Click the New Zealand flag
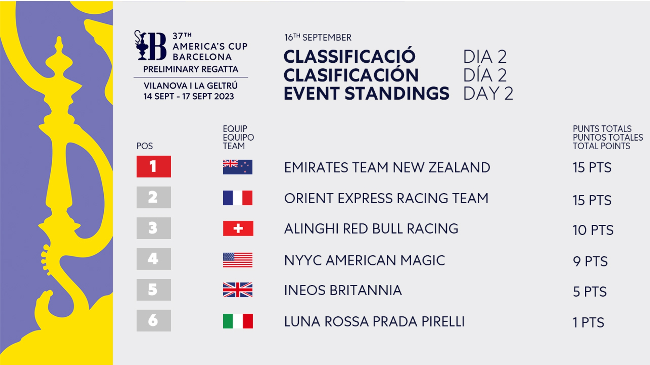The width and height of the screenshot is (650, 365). [x=238, y=167]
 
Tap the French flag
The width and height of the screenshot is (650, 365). [x=238, y=198]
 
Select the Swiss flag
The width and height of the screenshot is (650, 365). [x=238, y=228]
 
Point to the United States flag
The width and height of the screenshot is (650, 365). [x=238, y=260]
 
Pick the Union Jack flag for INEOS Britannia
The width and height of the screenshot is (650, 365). [x=238, y=290]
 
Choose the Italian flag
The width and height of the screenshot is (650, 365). [x=238, y=321]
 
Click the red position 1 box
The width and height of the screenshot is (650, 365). [x=154, y=167]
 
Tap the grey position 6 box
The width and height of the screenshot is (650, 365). [x=154, y=321]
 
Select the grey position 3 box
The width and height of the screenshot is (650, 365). [x=154, y=228]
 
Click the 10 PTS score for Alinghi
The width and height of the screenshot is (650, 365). [x=593, y=230]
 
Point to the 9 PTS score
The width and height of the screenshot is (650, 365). [x=590, y=261]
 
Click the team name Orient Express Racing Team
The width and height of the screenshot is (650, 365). [x=386, y=198]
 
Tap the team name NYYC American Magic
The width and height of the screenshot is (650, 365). [x=364, y=260]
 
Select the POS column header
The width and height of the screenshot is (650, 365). [x=145, y=146]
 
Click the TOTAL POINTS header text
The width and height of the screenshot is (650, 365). [x=601, y=146]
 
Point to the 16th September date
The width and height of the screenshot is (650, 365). [x=318, y=37]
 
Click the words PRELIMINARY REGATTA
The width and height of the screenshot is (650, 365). [x=191, y=69]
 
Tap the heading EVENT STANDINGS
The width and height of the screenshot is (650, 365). [x=367, y=94]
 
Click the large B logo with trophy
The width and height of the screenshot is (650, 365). [x=150, y=45]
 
